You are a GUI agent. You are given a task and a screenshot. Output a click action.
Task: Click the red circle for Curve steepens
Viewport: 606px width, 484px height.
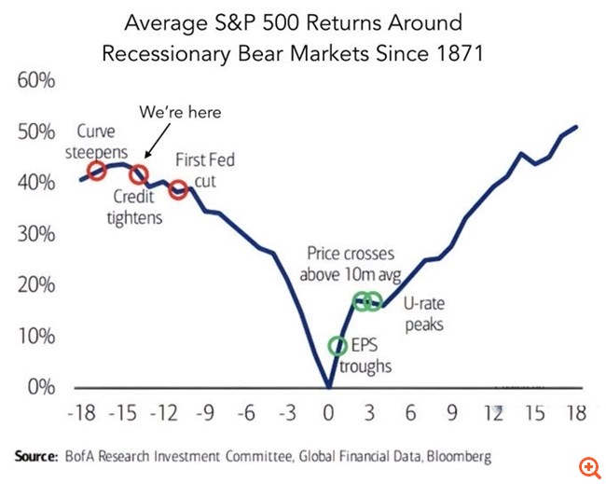[96, 170]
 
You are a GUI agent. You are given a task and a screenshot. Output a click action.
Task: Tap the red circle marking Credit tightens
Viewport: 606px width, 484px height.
[139, 173]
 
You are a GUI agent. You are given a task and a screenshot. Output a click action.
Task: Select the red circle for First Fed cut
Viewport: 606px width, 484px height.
[179, 190]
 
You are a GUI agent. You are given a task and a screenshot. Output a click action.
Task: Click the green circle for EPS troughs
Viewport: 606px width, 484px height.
[337, 346]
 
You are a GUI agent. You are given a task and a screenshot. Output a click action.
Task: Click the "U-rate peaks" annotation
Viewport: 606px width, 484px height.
[427, 314]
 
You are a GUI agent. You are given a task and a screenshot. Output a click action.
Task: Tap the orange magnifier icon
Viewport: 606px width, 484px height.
[588, 465]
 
